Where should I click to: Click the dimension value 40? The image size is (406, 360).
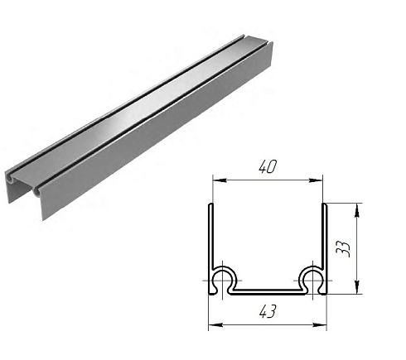click(x=268, y=167)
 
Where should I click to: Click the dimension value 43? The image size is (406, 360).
click(x=268, y=312)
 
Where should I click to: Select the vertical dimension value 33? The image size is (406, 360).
click(x=343, y=249)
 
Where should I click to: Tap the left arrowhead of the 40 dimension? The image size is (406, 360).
click(x=220, y=180)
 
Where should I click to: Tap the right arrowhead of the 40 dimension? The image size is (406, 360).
click(x=316, y=180)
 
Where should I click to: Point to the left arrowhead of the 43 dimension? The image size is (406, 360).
click(x=215, y=325)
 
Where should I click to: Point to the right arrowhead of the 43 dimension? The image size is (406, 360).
click(x=320, y=325)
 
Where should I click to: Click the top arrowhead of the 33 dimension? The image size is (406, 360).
click(x=357, y=210)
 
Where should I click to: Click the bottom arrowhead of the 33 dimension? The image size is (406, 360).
click(x=357, y=287)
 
